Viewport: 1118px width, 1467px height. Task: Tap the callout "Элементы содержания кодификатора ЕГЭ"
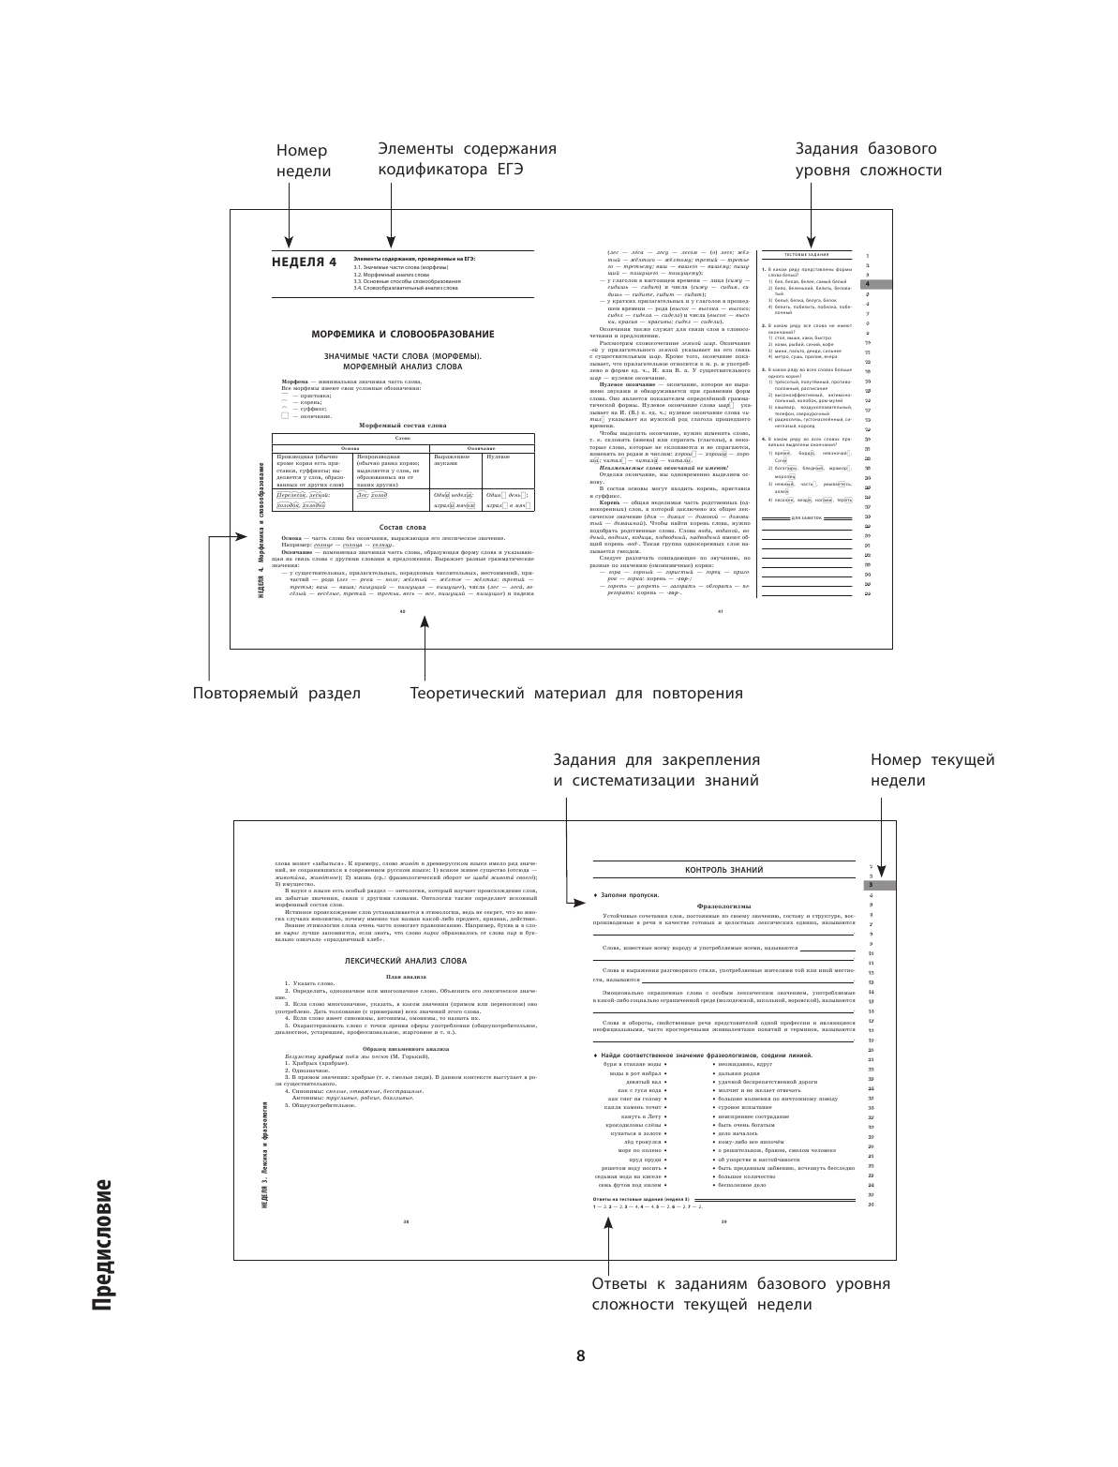(x=467, y=160)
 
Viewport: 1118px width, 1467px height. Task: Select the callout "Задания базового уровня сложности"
(x=868, y=160)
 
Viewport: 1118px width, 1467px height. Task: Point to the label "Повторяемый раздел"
(x=276, y=694)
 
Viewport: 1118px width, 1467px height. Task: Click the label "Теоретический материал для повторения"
(x=576, y=694)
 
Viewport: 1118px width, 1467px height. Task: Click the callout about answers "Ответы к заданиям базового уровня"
(x=740, y=1294)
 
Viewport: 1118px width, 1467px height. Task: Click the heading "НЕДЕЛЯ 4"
(x=303, y=262)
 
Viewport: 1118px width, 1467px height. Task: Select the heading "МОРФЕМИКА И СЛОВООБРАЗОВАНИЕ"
(x=402, y=334)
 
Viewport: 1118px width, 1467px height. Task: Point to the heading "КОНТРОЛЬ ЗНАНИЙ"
(x=724, y=870)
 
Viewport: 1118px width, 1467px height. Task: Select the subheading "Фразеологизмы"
(x=724, y=906)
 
